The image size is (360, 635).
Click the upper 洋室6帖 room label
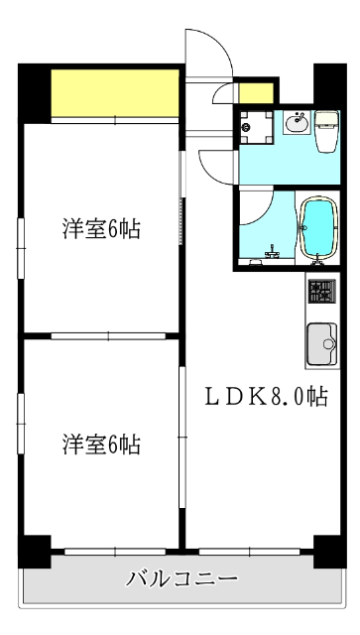click(x=101, y=229)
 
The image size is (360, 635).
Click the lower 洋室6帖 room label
click(x=101, y=444)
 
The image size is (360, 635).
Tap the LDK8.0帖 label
click(x=266, y=397)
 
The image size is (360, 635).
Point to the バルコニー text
click(x=181, y=579)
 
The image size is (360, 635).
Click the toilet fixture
click(x=327, y=130)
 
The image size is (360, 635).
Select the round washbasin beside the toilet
click(x=298, y=123)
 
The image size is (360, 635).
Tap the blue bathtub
click(x=318, y=228)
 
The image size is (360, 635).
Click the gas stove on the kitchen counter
click(x=322, y=291)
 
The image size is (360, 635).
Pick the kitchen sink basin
click(x=322, y=344)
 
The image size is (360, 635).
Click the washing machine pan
click(x=256, y=127)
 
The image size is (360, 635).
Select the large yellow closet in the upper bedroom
click(x=115, y=92)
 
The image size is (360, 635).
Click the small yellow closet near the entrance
click(x=256, y=93)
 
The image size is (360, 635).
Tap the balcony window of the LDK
click(x=250, y=552)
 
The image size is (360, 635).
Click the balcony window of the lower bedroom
click(x=115, y=552)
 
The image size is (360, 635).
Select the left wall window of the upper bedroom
click(x=20, y=248)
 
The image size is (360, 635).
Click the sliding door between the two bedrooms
click(x=108, y=335)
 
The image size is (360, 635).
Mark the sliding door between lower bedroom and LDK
click(x=182, y=437)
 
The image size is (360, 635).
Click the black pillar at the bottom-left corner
click(x=35, y=552)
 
